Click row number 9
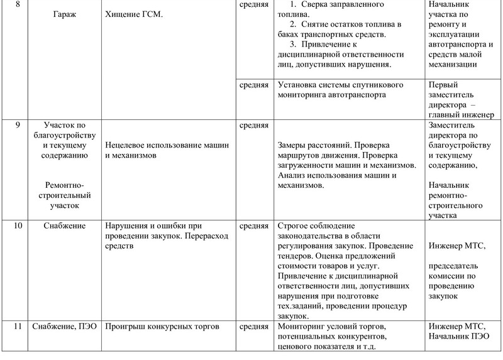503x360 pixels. (16, 124)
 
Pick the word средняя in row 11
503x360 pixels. (254, 327)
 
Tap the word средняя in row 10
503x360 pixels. (254, 225)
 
